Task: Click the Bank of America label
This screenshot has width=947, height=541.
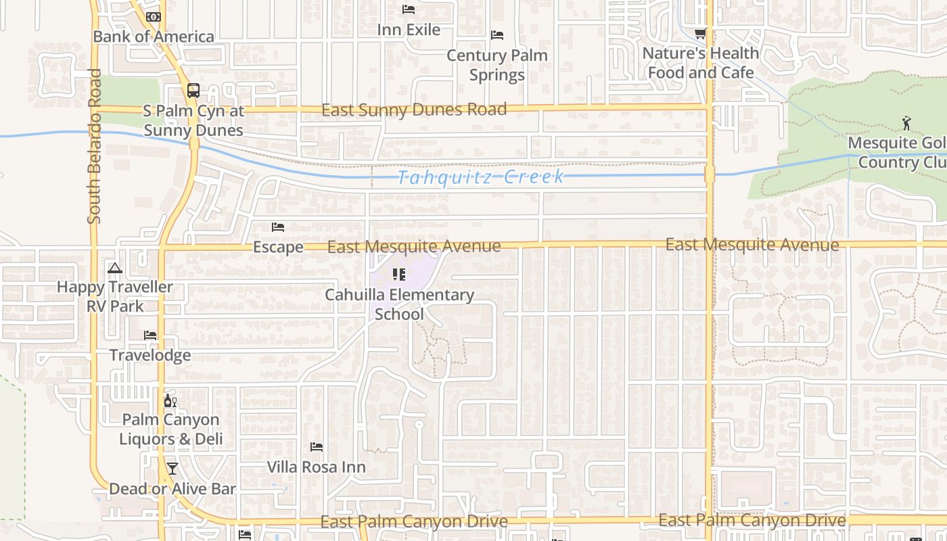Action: (x=154, y=37)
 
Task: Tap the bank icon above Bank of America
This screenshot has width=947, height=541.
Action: (x=154, y=16)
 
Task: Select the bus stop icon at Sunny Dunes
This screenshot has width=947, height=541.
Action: (x=193, y=90)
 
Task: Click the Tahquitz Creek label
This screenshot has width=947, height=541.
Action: (x=480, y=177)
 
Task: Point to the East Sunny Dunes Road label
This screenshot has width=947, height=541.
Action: (x=413, y=110)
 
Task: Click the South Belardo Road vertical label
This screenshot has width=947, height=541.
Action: (x=94, y=146)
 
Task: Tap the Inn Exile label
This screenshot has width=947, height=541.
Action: (x=409, y=30)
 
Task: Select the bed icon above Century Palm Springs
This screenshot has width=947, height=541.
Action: (x=497, y=35)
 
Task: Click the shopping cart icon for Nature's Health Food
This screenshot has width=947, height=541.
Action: (x=701, y=33)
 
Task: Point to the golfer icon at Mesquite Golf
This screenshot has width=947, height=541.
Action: (x=906, y=123)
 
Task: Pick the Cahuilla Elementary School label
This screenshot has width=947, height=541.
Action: (x=399, y=304)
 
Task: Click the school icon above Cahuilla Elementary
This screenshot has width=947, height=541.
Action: (x=399, y=275)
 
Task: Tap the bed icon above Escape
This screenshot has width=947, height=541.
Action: (x=278, y=227)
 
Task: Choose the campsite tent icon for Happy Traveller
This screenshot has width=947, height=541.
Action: (x=115, y=268)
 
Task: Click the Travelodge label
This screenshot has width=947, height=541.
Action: (x=150, y=355)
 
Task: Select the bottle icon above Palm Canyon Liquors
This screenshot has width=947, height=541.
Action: (x=170, y=400)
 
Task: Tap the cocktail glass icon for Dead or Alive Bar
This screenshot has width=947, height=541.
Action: (x=172, y=469)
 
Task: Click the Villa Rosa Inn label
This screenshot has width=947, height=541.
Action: (x=316, y=467)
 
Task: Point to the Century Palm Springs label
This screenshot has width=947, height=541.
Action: (x=497, y=65)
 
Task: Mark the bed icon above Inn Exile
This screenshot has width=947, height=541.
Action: (x=409, y=9)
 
